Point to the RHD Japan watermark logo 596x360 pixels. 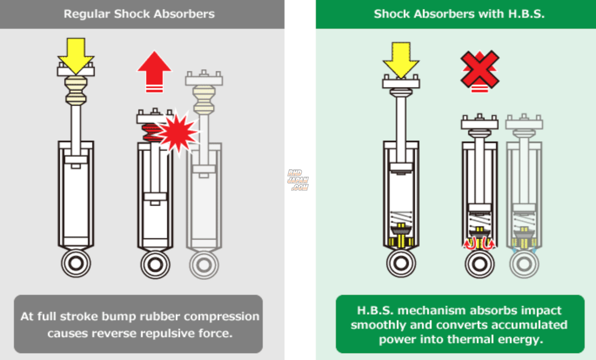coord(298,180)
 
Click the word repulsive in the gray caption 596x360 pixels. coord(176,333)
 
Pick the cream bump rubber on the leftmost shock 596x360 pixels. coord(76,90)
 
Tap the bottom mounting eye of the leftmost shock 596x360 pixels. coord(76,263)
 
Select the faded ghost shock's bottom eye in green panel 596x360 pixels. coord(524,263)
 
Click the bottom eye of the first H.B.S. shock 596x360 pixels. coord(401,263)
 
